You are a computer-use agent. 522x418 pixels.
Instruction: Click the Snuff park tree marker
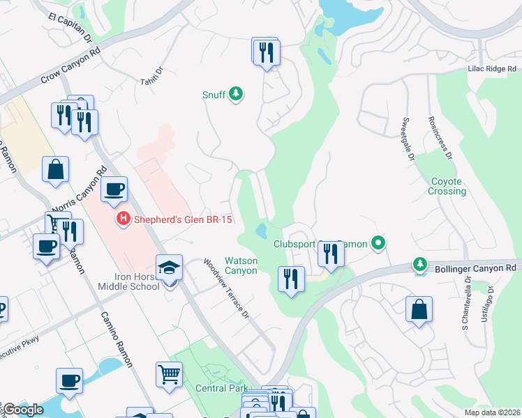click(x=236, y=93)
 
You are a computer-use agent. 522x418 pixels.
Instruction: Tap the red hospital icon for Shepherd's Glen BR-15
click(x=124, y=219)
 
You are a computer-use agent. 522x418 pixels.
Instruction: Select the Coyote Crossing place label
click(x=447, y=186)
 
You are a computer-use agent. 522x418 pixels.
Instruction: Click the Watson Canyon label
click(x=241, y=265)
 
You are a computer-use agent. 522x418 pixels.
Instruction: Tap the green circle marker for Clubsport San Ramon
click(x=378, y=243)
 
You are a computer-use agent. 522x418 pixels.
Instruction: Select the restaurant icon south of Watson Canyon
click(x=290, y=279)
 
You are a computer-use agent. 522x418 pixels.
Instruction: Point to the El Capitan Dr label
click(x=70, y=27)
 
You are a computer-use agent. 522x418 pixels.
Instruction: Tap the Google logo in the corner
click(x=22, y=410)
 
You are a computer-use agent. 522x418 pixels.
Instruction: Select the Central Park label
click(x=222, y=388)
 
